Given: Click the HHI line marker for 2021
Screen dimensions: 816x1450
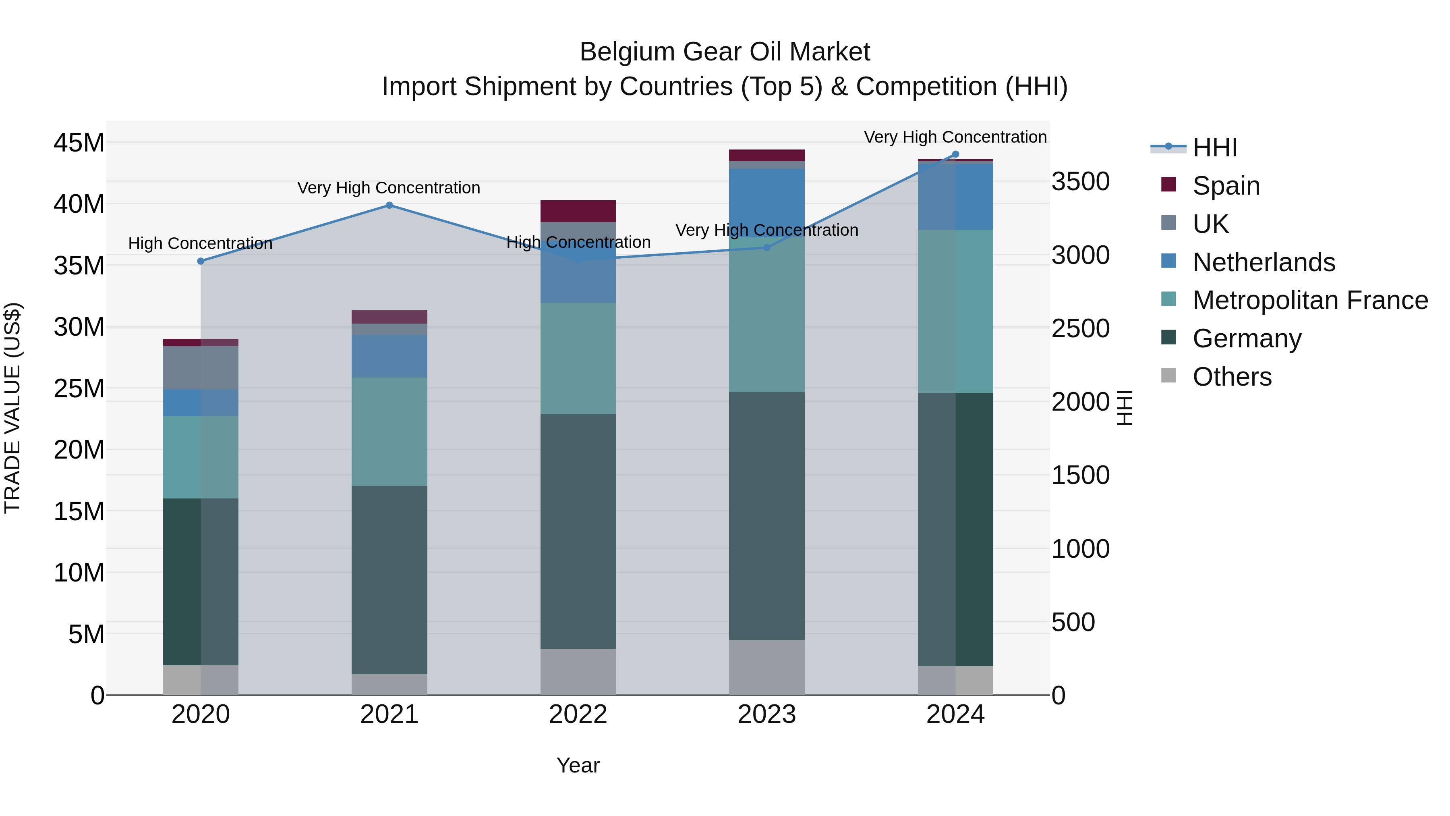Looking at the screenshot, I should (x=389, y=206).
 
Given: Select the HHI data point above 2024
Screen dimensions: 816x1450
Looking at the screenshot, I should (x=955, y=154).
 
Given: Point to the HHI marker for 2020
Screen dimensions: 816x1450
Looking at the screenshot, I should (x=201, y=261).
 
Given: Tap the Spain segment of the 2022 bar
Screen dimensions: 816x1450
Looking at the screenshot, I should (x=578, y=211).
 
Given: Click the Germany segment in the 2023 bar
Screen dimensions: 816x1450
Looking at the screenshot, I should (x=766, y=515).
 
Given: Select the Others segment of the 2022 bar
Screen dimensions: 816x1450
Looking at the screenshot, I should (x=578, y=671).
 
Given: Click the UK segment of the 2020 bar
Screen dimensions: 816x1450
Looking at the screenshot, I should (x=201, y=368).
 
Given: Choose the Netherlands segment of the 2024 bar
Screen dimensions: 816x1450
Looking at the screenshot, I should (x=955, y=196).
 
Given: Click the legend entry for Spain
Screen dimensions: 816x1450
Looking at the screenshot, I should (x=1226, y=185).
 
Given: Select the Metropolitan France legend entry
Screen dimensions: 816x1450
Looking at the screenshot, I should (x=1310, y=300).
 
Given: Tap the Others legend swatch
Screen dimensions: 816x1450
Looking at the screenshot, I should (x=1168, y=376).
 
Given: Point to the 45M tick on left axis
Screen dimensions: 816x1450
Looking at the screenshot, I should (x=79, y=143).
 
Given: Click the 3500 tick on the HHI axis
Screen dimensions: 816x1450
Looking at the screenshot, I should (x=1080, y=181).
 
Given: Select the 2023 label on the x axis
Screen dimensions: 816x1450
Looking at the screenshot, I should (x=766, y=714).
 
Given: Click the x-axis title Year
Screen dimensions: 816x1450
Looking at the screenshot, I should (x=578, y=765).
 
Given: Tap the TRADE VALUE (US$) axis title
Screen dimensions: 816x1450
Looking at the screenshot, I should (x=12, y=408).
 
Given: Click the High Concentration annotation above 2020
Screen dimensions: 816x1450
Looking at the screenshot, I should (x=201, y=243).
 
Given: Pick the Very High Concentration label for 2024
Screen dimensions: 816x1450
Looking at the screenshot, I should (x=955, y=137).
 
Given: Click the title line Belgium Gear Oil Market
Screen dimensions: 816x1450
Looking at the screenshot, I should (x=725, y=52).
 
